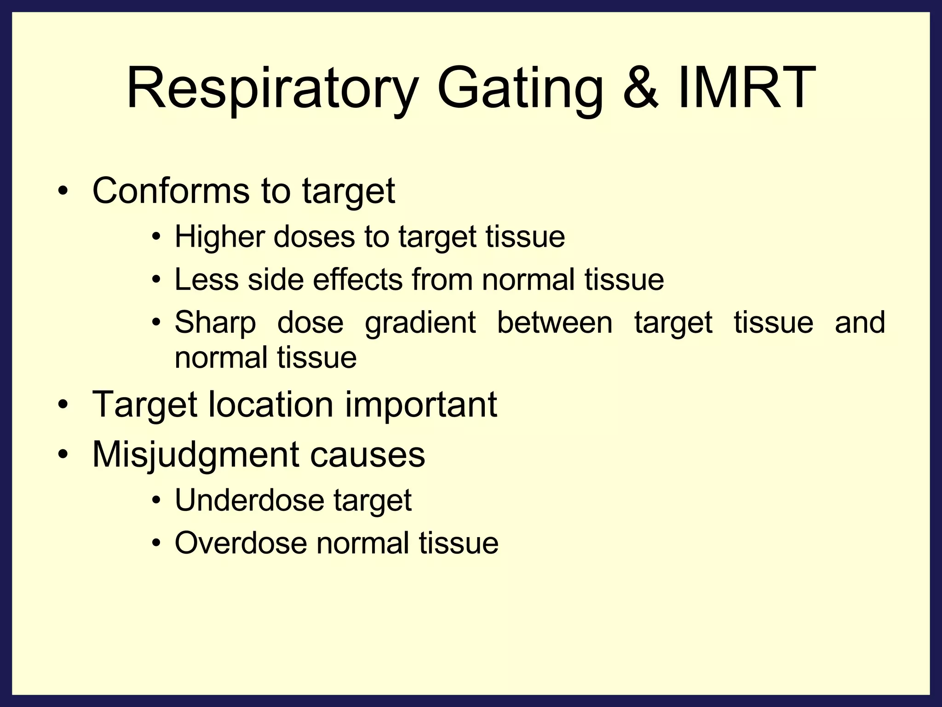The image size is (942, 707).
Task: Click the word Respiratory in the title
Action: [x=271, y=88]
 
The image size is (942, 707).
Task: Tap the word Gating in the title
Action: [x=519, y=88]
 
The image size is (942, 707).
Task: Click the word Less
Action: [x=207, y=279]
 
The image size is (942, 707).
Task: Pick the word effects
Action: [x=358, y=279]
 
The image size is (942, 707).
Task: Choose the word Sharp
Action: [x=215, y=323]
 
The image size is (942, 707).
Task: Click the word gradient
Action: [x=420, y=323]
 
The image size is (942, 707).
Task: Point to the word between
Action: [x=555, y=322]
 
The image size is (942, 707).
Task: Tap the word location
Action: [x=270, y=404]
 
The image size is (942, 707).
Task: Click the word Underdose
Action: [x=249, y=500]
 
